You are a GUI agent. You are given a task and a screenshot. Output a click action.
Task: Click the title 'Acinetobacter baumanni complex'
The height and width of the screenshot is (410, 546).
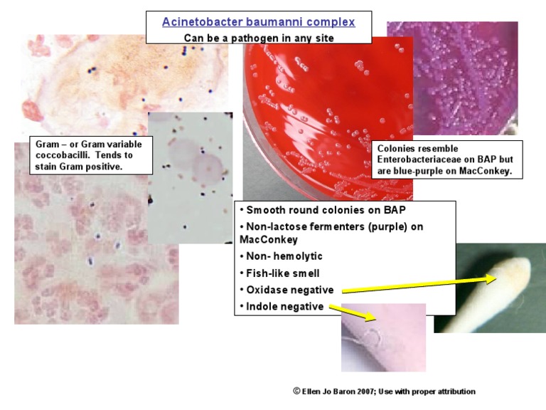point(258,22)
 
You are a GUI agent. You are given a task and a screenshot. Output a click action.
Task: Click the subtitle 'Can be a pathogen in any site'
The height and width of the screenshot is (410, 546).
point(259,38)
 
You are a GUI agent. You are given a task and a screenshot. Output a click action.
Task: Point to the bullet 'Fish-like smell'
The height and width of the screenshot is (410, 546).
point(283,273)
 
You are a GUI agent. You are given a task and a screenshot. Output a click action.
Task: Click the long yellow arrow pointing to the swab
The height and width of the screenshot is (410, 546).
point(419,285)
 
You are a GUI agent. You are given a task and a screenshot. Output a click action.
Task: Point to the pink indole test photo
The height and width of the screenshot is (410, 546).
point(383,338)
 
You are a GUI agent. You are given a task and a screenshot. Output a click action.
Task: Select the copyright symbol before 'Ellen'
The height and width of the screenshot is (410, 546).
point(296,391)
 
